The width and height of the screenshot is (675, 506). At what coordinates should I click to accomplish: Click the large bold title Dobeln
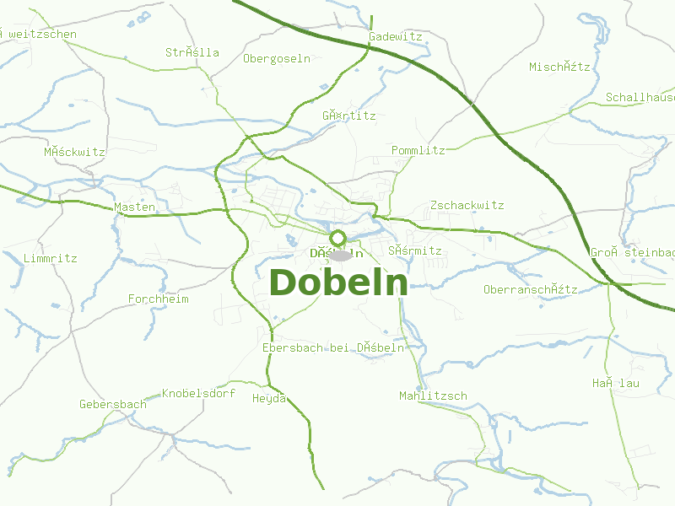(x=338, y=283)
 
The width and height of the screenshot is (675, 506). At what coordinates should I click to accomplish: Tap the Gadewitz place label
(x=395, y=37)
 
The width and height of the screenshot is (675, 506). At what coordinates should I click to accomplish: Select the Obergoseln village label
(x=277, y=59)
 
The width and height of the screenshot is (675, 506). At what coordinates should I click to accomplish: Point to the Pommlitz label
(x=418, y=150)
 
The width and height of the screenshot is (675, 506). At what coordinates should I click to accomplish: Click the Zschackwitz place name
(x=467, y=205)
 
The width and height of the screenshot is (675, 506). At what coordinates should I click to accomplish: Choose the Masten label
(x=134, y=207)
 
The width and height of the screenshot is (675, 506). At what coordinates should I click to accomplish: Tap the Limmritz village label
(x=50, y=258)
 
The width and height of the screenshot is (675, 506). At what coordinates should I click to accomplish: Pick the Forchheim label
(x=158, y=299)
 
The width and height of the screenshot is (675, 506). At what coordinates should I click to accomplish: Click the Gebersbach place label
(x=112, y=405)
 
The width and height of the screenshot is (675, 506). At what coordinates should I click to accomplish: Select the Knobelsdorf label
(x=198, y=394)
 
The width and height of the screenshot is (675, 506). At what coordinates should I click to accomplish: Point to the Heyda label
(x=269, y=399)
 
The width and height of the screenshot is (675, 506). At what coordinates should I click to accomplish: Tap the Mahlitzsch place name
(x=433, y=396)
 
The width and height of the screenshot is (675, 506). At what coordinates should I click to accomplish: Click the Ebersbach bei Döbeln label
(x=333, y=347)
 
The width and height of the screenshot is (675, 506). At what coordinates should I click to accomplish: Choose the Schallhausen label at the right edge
(x=640, y=98)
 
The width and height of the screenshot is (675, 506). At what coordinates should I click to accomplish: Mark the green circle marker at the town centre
(x=338, y=238)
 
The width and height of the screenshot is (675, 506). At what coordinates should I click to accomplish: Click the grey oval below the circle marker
(x=339, y=256)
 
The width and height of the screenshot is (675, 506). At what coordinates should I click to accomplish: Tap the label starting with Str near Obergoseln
(x=192, y=52)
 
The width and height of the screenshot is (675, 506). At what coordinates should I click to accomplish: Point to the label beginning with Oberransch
(x=530, y=290)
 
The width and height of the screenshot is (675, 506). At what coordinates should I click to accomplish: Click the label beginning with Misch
(x=559, y=67)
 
